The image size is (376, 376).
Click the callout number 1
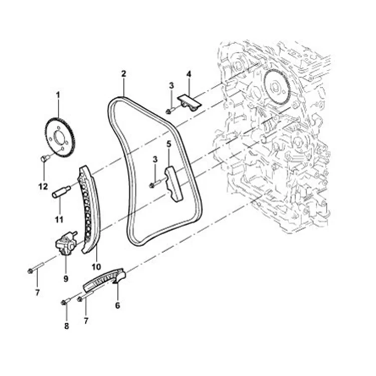point(58,94)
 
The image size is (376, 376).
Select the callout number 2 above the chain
point(123,74)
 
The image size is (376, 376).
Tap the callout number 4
point(189,74)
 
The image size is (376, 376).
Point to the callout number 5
point(169,144)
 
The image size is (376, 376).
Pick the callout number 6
point(118,304)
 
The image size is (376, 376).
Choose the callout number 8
point(66,326)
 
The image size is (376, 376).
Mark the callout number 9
point(66,277)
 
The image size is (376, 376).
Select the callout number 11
point(59,219)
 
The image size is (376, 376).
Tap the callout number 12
point(43,186)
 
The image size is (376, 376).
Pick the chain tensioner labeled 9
point(66,244)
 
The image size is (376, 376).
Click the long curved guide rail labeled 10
point(88,211)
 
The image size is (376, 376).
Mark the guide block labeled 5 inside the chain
point(172,184)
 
